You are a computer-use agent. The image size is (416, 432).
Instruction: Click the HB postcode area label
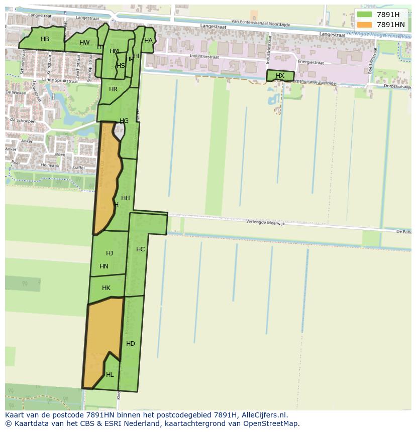point(45,39)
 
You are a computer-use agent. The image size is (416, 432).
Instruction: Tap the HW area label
point(84,43)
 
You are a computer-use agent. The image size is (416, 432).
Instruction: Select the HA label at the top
point(148,41)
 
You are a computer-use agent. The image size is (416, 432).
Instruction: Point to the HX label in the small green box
point(280,76)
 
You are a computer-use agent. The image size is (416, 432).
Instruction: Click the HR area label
point(113,89)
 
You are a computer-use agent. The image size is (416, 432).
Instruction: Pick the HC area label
point(141,249)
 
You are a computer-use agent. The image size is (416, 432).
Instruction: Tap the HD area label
point(131,344)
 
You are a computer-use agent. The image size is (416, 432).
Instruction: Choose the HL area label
point(110,375)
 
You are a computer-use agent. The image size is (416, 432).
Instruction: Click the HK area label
point(106,288)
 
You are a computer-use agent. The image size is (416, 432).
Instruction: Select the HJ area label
point(110,253)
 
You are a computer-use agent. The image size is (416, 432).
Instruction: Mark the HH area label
point(126,198)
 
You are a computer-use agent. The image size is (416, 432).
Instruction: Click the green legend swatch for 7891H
point(365,15)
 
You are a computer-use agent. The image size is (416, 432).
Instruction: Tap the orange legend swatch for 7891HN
point(365,25)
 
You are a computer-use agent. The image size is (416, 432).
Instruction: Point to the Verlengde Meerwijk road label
point(265,223)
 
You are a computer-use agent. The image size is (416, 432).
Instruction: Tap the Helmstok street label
point(50,165)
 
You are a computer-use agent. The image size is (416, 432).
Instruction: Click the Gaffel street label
point(78,167)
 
